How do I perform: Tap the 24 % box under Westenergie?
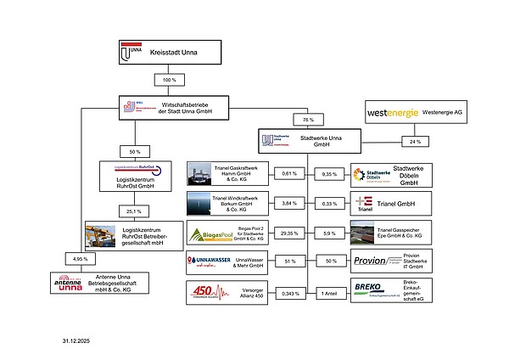pyautogui.click(x=415, y=141)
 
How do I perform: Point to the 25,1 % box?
pyautogui.click(x=133, y=211)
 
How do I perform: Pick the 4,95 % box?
pyautogui.click(x=79, y=258)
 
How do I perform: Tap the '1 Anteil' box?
pyautogui.click(x=329, y=293)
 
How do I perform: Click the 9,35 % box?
pyautogui.click(x=329, y=174)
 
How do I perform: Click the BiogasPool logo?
pyautogui.click(x=206, y=233)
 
